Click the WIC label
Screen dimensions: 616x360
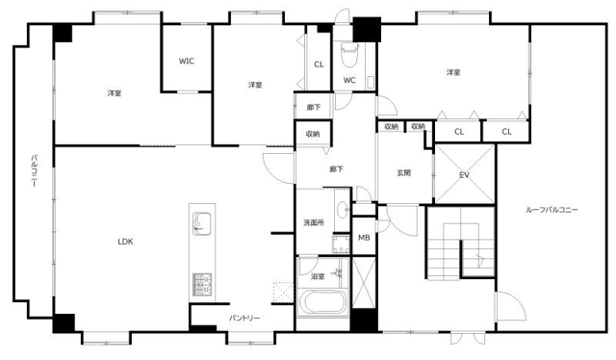click(186, 62)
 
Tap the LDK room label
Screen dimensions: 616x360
click(126, 242)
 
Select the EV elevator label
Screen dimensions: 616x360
click(464, 175)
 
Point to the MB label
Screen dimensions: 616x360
click(364, 238)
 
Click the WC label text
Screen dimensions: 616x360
click(349, 80)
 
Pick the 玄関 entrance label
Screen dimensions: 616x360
click(403, 172)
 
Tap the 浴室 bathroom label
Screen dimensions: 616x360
click(318, 276)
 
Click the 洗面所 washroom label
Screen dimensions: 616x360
click(314, 223)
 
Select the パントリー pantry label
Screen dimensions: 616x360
click(244, 318)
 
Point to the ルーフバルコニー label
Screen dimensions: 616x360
click(552, 210)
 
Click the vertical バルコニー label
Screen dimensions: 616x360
click(35, 170)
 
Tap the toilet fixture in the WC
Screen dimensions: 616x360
click(349, 55)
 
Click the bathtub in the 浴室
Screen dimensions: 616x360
click(322, 302)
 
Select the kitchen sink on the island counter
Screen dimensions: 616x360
click(202, 223)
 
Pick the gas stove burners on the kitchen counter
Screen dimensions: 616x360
click(202, 285)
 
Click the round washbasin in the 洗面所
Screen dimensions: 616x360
click(342, 209)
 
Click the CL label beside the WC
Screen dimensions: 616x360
click(319, 64)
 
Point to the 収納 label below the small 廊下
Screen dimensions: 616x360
click(313, 134)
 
